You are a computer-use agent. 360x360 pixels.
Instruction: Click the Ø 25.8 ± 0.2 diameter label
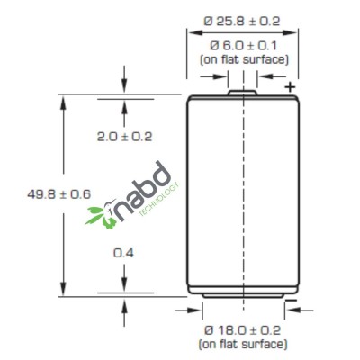pos(242,22)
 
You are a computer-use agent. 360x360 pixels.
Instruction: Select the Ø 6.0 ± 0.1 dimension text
pos(243,46)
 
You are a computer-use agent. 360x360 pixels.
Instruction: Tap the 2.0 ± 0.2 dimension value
pos(124,137)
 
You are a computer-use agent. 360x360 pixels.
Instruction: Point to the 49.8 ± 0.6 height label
pos(58,194)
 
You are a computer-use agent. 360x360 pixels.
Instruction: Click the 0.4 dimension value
pos(123,253)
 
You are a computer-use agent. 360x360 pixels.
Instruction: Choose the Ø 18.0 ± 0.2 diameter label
pos(242,330)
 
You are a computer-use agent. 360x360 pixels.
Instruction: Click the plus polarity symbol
pos(290,87)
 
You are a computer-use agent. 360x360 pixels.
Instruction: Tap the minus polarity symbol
pos(291,301)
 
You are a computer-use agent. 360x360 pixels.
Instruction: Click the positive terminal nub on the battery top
pos(243,93)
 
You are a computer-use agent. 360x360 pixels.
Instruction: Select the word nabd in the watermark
pos(142,192)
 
